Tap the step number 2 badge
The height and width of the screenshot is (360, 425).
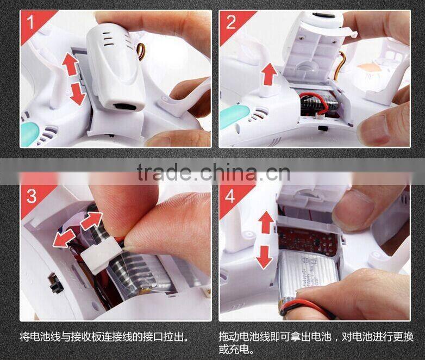coord(231,22)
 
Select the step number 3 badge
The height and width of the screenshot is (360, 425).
coord(32,195)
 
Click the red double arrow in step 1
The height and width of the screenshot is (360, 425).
coord(73,79)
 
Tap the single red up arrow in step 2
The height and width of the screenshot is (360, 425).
coord(267,74)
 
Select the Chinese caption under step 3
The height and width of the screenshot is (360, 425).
coord(104,337)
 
